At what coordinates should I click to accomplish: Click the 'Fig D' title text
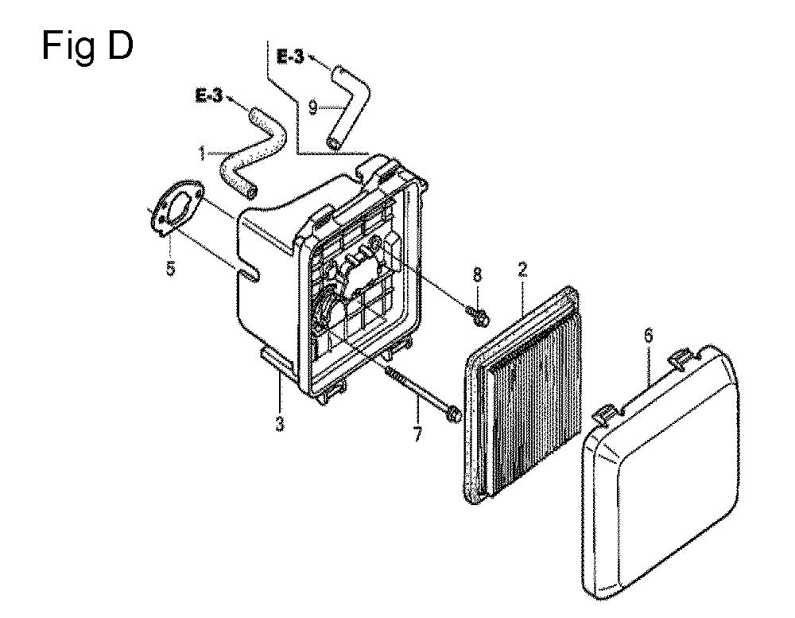[x=87, y=46]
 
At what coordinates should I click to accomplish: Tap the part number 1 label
[x=202, y=154]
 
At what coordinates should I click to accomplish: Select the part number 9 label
[x=312, y=107]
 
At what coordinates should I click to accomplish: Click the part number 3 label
[x=280, y=423]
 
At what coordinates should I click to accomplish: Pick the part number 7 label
[x=417, y=434]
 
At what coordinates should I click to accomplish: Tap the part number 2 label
[x=523, y=270]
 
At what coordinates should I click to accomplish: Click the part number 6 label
[x=649, y=336]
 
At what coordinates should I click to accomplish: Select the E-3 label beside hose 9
[x=290, y=56]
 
